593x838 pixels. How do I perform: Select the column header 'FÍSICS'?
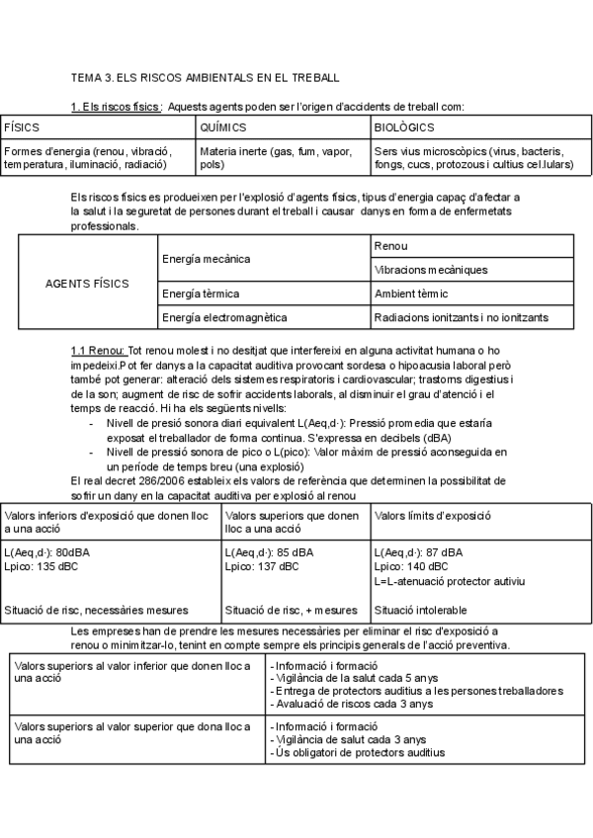click(23, 128)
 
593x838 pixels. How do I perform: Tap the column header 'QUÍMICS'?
click(222, 128)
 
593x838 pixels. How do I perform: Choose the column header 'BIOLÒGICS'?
click(404, 128)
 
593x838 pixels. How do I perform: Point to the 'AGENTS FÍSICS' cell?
click(87, 283)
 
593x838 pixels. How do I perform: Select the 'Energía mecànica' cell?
click(206, 258)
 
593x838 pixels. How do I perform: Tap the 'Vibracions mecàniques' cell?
click(431, 270)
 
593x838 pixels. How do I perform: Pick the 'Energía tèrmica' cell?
click(201, 293)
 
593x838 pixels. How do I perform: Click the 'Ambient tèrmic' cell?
click(411, 293)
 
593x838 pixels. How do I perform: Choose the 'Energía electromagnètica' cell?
click(224, 317)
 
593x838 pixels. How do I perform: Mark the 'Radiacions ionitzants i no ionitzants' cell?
click(461, 317)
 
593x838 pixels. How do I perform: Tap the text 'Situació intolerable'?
click(421, 610)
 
